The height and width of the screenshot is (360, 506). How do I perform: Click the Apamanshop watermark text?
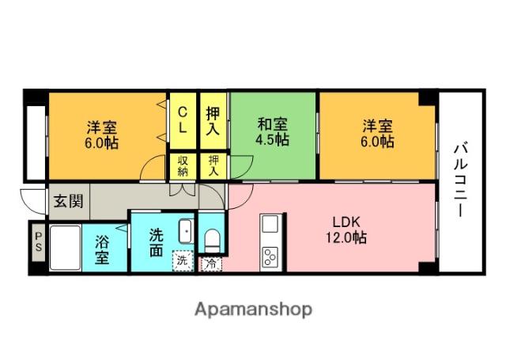click(253, 309)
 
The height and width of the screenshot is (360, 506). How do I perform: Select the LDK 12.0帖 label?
click(347, 227)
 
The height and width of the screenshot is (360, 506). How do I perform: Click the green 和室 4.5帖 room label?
click(272, 132)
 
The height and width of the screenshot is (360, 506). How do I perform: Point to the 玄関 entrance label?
click(67, 201)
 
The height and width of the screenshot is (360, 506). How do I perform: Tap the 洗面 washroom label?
click(157, 241)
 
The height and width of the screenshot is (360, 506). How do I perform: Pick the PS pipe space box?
click(37, 247)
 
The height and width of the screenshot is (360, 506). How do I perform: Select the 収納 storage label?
click(182, 166)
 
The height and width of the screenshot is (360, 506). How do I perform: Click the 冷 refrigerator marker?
click(211, 263)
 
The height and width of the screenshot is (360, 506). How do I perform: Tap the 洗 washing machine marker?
click(182, 259)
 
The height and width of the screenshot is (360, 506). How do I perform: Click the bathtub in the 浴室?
click(64, 248)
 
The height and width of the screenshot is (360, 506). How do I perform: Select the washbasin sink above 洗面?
click(185, 231)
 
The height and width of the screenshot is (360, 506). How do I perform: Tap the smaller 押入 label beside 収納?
click(213, 165)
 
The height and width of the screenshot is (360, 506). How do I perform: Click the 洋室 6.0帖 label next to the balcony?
click(377, 133)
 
